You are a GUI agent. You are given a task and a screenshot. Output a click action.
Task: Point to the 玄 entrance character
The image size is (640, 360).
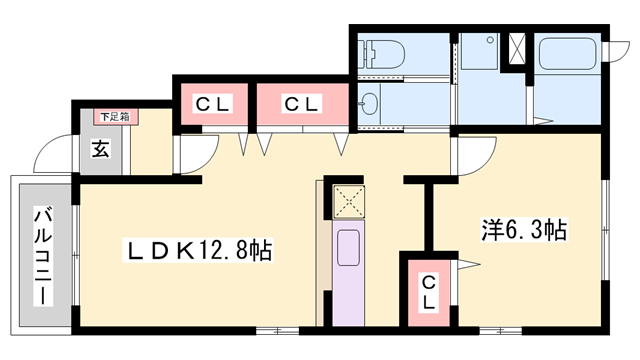click(x=101, y=150)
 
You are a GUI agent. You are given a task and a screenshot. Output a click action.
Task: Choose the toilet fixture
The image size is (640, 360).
click(x=383, y=53)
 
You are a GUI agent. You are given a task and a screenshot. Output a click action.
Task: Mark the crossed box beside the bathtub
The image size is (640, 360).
click(x=519, y=49)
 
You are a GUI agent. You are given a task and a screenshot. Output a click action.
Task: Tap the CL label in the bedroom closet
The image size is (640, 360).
click(x=427, y=291)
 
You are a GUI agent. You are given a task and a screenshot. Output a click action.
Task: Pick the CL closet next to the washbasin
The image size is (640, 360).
click(x=301, y=103)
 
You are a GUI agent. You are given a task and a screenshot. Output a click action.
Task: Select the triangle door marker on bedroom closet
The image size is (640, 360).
click(x=468, y=265)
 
